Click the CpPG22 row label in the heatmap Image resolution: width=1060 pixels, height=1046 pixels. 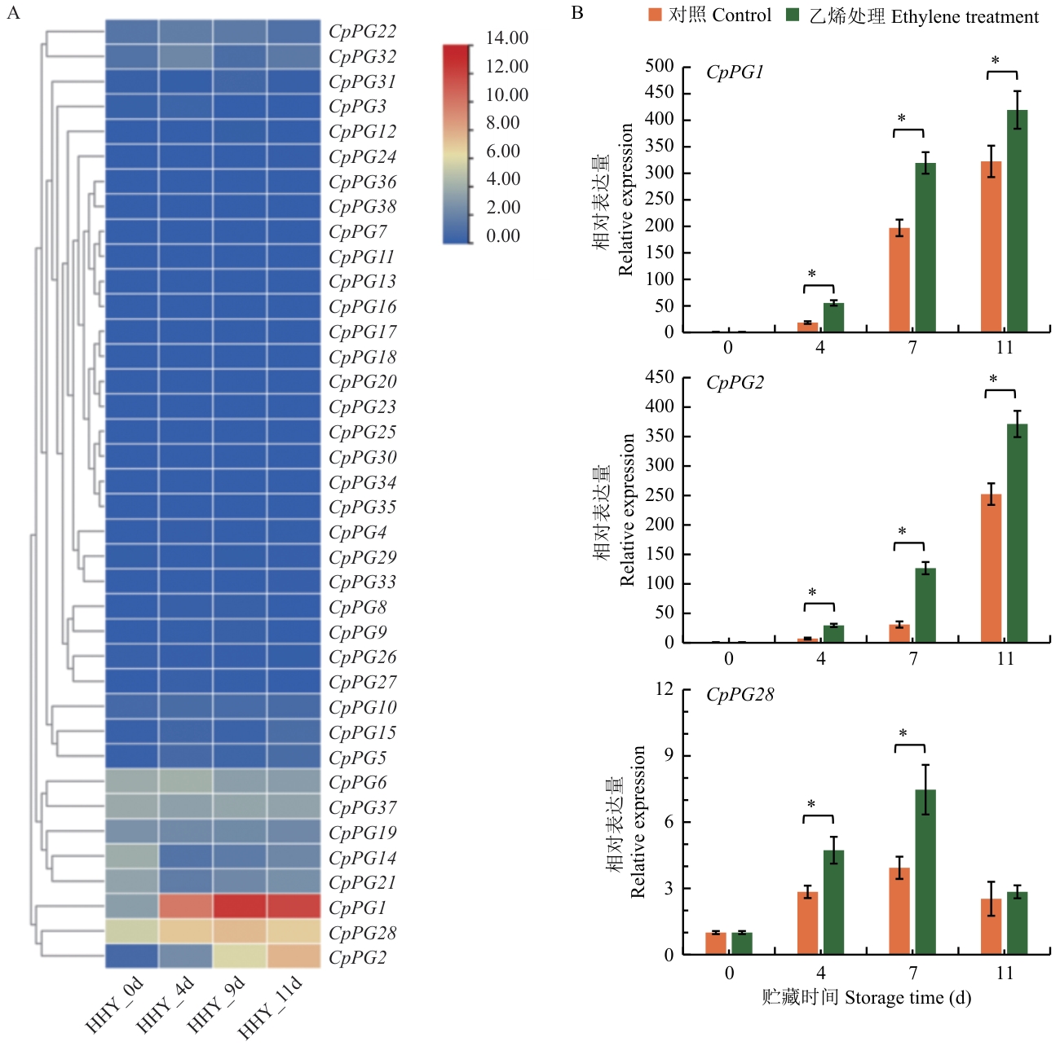pyautogui.click(x=362, y=32)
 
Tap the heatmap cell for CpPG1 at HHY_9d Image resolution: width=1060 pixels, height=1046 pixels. pyautogui.click(x=240, y=907)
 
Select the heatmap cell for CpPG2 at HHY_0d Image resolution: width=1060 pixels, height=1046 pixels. pyautogui.click(x=132, y=956)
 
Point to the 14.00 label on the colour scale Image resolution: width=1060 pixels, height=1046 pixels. pyautogui.click(x=506, y=38)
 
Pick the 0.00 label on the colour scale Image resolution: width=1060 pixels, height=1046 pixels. pyautogui.click(x=503, y=236)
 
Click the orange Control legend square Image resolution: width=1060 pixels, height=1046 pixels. pyautogui.click(x=655, y=15)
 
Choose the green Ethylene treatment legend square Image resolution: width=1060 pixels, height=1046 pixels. pyautogui.click(x=793, y=15)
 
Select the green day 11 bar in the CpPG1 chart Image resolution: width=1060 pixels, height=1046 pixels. pyautogui.click(x=1017, y=221)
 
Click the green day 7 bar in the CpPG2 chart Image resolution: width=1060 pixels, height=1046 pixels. pyautogui.click(x=925, y=605)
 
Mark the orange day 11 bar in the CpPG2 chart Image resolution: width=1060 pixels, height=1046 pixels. pyautogui.click(x=991, y=569)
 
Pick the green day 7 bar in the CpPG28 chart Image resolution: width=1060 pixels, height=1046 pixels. pyautogui.click(x=925, y=872)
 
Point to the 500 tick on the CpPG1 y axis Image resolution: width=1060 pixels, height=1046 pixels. pyautogui.click(x=659, y=66)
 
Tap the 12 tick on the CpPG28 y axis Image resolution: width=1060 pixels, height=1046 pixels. pyautogui.click(x=665, y=689)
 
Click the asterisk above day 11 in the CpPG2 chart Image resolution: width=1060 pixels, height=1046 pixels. pyautogui.click(x=993, y=380)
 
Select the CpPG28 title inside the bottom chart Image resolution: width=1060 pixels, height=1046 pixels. pyautogui.click(x=740, y=695)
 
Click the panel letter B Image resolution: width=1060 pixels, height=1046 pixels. pyautogui.click(x=577, y=12)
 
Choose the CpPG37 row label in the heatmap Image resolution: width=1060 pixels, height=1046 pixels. pyautogui.click(x=362, y=808)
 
